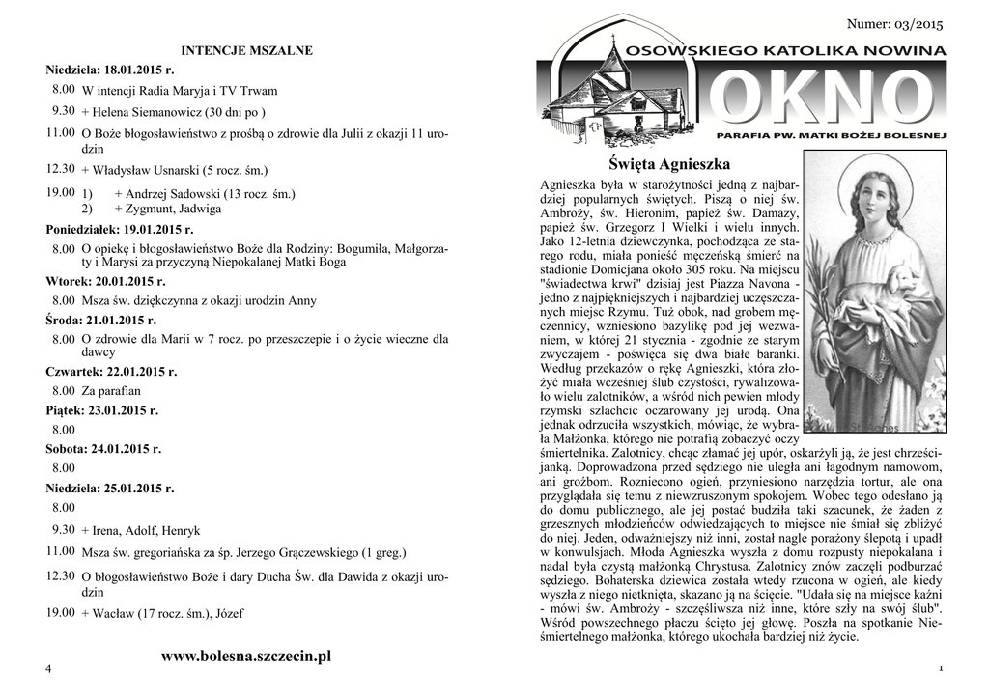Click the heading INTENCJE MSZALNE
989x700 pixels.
(247, 50)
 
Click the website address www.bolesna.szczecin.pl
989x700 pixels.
(246, 657)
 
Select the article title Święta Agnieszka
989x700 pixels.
(670, 163)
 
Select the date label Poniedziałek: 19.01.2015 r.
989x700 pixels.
(120, 231)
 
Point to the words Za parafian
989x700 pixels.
(111, 391)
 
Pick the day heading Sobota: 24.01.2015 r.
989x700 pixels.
(103, 449)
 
